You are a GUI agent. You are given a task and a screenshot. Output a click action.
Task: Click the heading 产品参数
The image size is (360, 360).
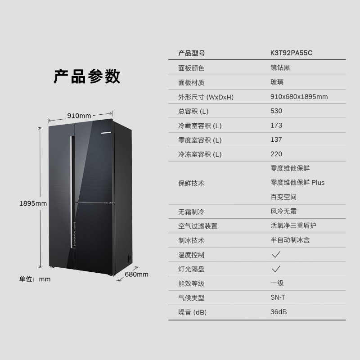[x=87, y=76]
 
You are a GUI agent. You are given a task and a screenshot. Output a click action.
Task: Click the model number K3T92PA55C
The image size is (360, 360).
[x=291, y=53]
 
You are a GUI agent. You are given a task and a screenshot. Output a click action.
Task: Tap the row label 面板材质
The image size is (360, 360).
[x=191, y=82]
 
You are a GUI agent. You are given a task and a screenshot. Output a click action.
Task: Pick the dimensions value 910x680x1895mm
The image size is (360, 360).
[x=299, y=97]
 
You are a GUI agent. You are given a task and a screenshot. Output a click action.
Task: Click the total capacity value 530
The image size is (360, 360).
[x=276, y=111]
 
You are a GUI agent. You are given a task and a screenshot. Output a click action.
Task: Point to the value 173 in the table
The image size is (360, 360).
[x=276, y=125]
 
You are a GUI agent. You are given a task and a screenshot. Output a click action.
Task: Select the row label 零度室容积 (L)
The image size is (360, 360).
[x=200, y=140]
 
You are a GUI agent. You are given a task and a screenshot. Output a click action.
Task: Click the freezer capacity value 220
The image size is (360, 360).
[x=276, y=154]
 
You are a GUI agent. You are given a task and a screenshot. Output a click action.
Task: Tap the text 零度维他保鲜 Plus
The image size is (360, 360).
[x=297, y=182]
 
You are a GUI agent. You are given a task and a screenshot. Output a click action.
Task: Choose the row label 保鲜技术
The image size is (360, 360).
[x=191, y=183]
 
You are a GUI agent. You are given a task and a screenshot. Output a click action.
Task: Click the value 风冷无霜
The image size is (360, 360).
[x=283, y=211]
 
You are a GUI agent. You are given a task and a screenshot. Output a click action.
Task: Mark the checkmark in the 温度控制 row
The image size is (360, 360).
[x=276, y=254]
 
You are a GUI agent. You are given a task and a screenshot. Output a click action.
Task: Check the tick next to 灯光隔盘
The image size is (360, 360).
[x=276, y=269]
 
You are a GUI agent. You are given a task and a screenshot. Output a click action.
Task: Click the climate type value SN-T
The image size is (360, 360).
[x=277, y=297]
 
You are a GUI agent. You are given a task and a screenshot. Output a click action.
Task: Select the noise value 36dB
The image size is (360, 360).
[x=279, y=311]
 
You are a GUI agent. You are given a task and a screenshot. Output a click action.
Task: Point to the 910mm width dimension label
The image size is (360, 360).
[x=79, y=116]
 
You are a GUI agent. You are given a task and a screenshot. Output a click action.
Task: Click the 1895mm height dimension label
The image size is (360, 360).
[x=33, y=203]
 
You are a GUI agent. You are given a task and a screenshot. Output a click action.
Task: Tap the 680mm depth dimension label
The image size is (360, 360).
[x=136, y=274]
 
